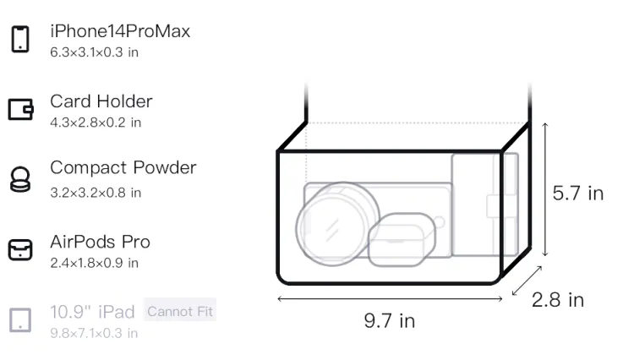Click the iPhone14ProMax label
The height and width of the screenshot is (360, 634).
click(120, 31)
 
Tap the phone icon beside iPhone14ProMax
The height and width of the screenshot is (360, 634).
click(20, 39)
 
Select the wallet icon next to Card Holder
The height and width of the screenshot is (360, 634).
click(20, 110)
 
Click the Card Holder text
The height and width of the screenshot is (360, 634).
click(101, 101)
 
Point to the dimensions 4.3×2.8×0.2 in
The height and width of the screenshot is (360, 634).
click(96, 123)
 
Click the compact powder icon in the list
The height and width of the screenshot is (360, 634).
click(20, 179)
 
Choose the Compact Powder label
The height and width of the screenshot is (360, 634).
click(123, 167)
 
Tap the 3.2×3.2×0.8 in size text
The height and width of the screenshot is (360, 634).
click(96, 193)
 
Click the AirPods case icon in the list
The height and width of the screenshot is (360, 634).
click(20, 249)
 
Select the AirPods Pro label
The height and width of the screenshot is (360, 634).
click(101, 242)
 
